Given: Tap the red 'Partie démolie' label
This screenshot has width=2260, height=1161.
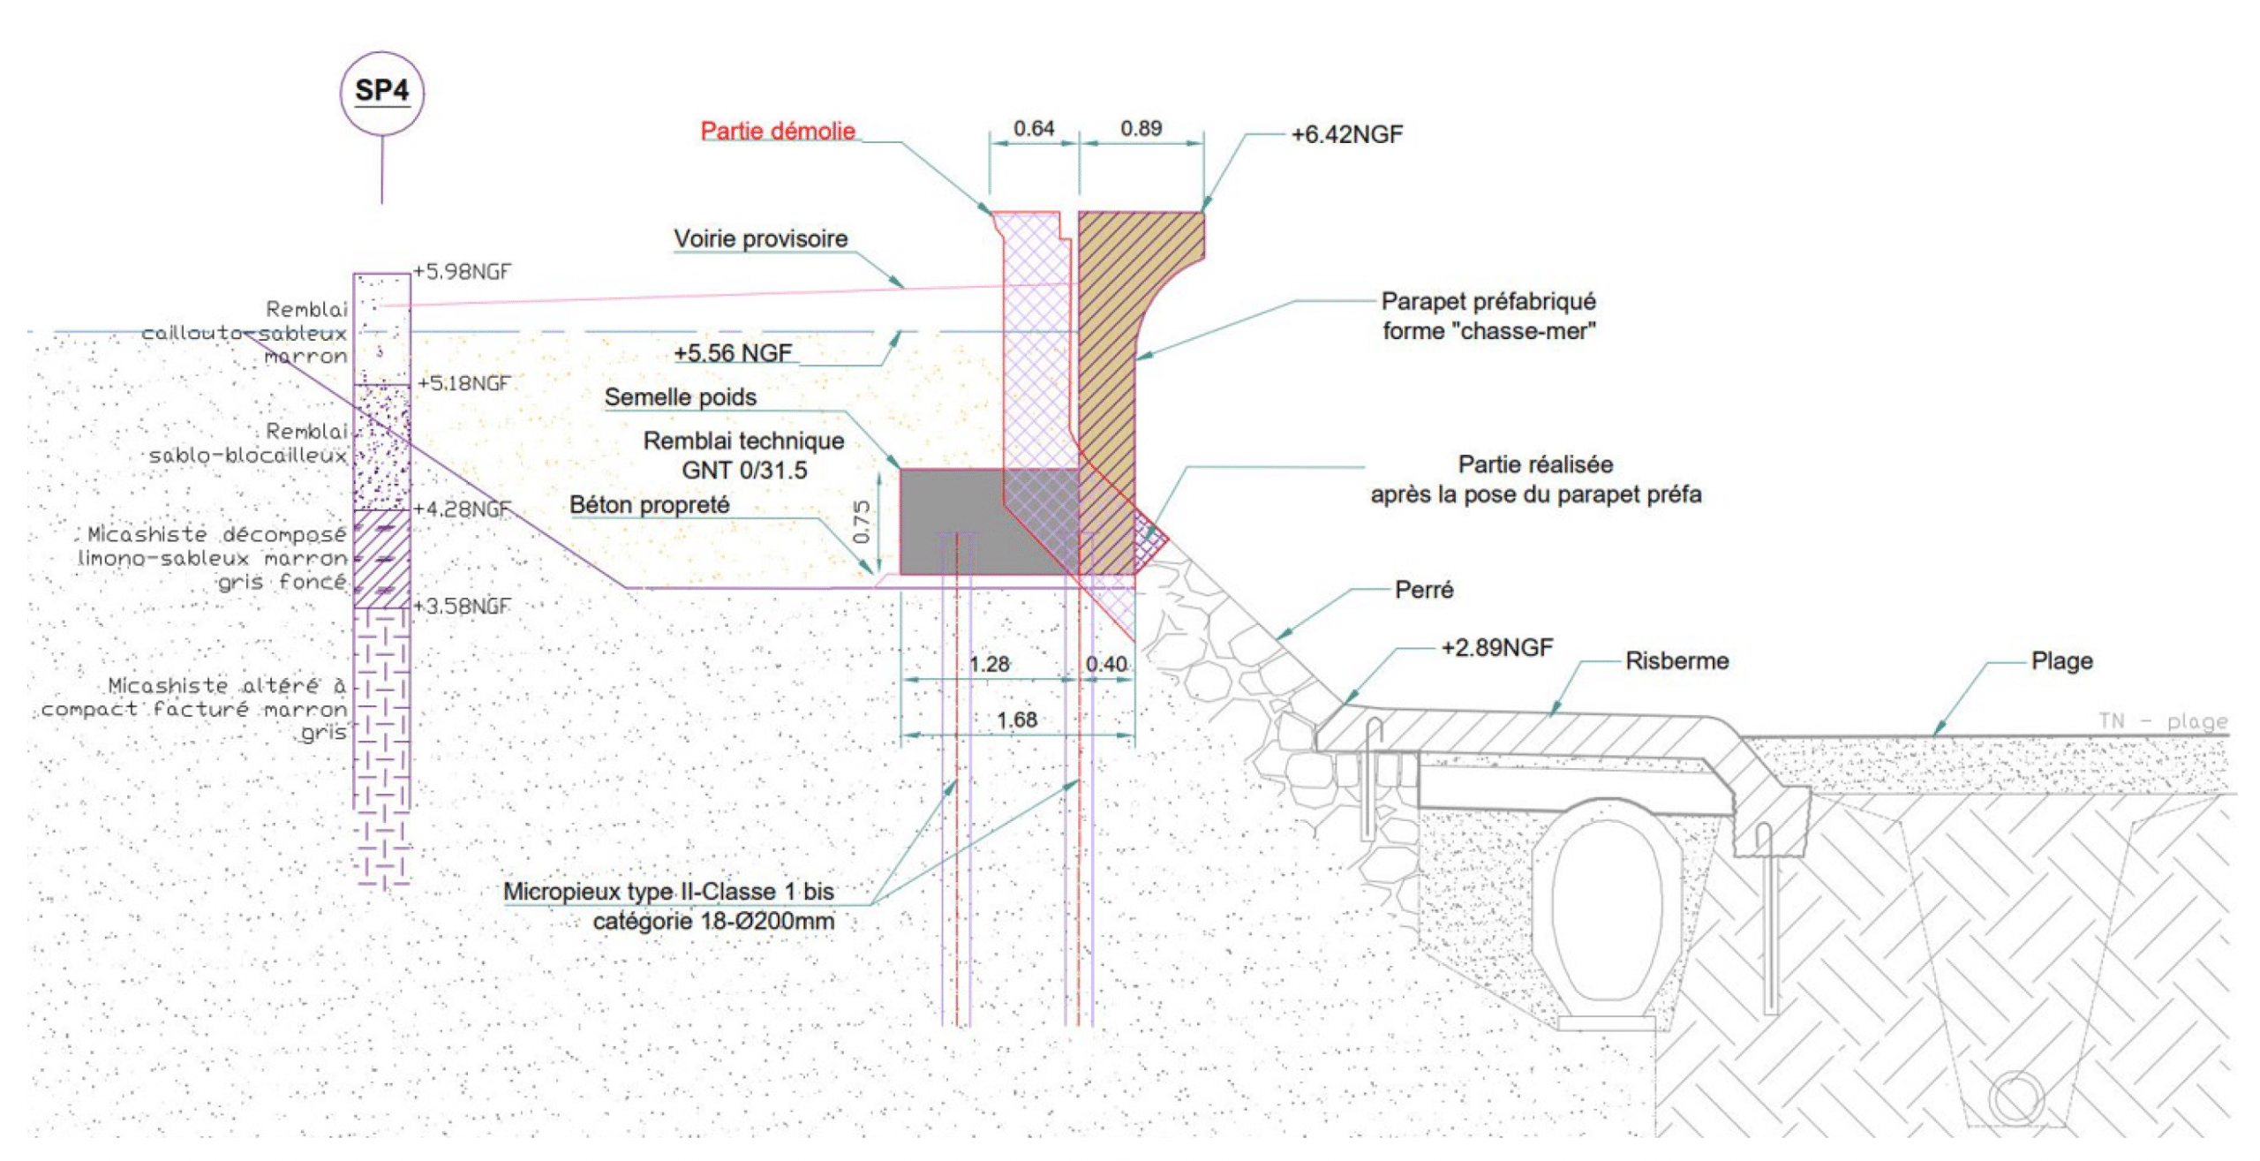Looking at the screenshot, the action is coord(778,132).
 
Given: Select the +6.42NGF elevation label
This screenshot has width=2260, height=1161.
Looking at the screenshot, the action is coord(1346,134).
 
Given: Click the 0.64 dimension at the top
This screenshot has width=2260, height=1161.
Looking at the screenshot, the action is coord(1034,128).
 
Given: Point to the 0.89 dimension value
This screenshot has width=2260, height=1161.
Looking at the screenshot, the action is coord(1141,128).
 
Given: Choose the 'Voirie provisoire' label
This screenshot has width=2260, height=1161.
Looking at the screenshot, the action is coord(761,238).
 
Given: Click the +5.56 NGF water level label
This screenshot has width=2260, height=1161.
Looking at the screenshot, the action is coord(733,353).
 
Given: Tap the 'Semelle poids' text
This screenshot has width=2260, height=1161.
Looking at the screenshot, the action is coord(680,397).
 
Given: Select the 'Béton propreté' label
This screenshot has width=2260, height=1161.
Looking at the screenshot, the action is coord(650,505).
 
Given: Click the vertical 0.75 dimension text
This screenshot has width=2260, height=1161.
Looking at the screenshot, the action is coord(862,522).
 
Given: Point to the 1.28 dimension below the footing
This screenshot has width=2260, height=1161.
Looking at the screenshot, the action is coord(989,664).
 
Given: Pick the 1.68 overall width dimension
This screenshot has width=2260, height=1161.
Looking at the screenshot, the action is coord(1017,720).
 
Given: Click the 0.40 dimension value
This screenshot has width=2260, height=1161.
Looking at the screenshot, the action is coord(1106,664).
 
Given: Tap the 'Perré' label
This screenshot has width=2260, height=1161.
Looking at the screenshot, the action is coord(1424,590).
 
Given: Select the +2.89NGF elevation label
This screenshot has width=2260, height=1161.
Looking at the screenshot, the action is coord(1497,648).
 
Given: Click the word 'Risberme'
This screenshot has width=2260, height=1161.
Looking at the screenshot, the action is coord(1677,661).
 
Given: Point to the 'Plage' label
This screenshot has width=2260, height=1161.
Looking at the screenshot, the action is coord(2062,661).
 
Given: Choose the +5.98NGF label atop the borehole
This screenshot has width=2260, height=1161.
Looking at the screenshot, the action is coord(463,271).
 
